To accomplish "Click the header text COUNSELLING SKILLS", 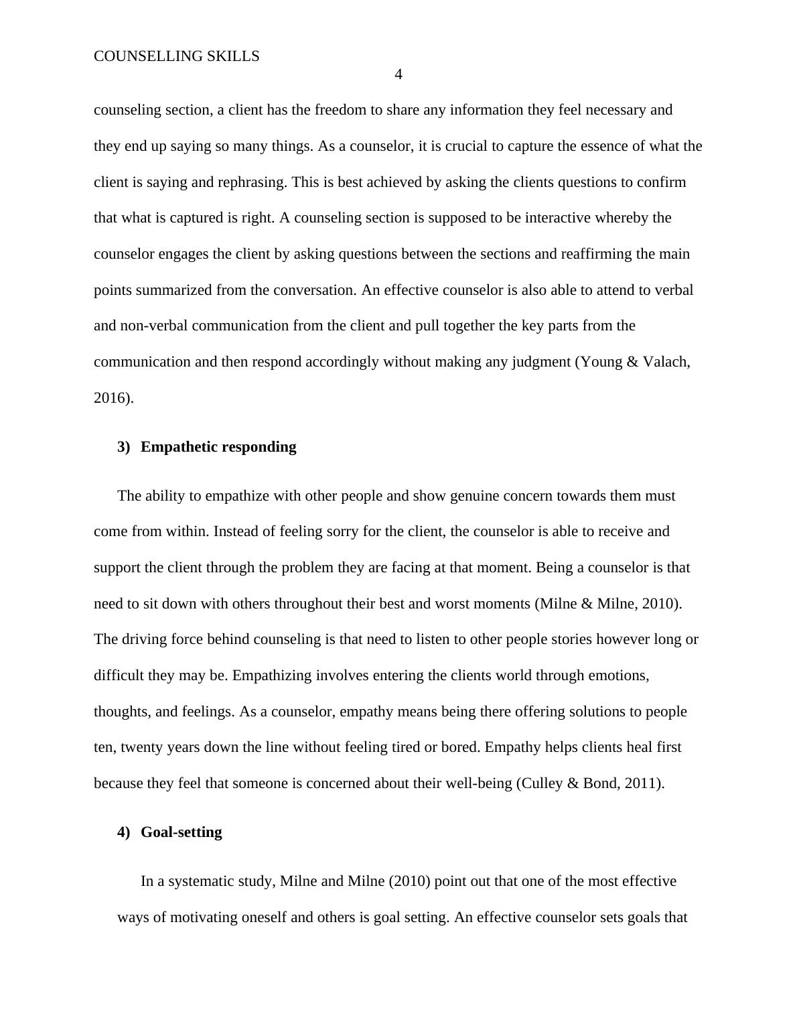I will [x=176, y=56].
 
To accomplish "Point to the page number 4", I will [x=398, y=75].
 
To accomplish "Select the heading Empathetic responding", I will [x=218, y=447].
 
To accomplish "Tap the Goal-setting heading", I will [x=181, y=832].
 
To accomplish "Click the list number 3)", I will [x=123, y=447].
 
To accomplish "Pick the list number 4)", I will [x=123, y=832].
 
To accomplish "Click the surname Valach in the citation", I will [x=665, y=362].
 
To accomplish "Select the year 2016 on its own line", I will [x=111, y=398].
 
